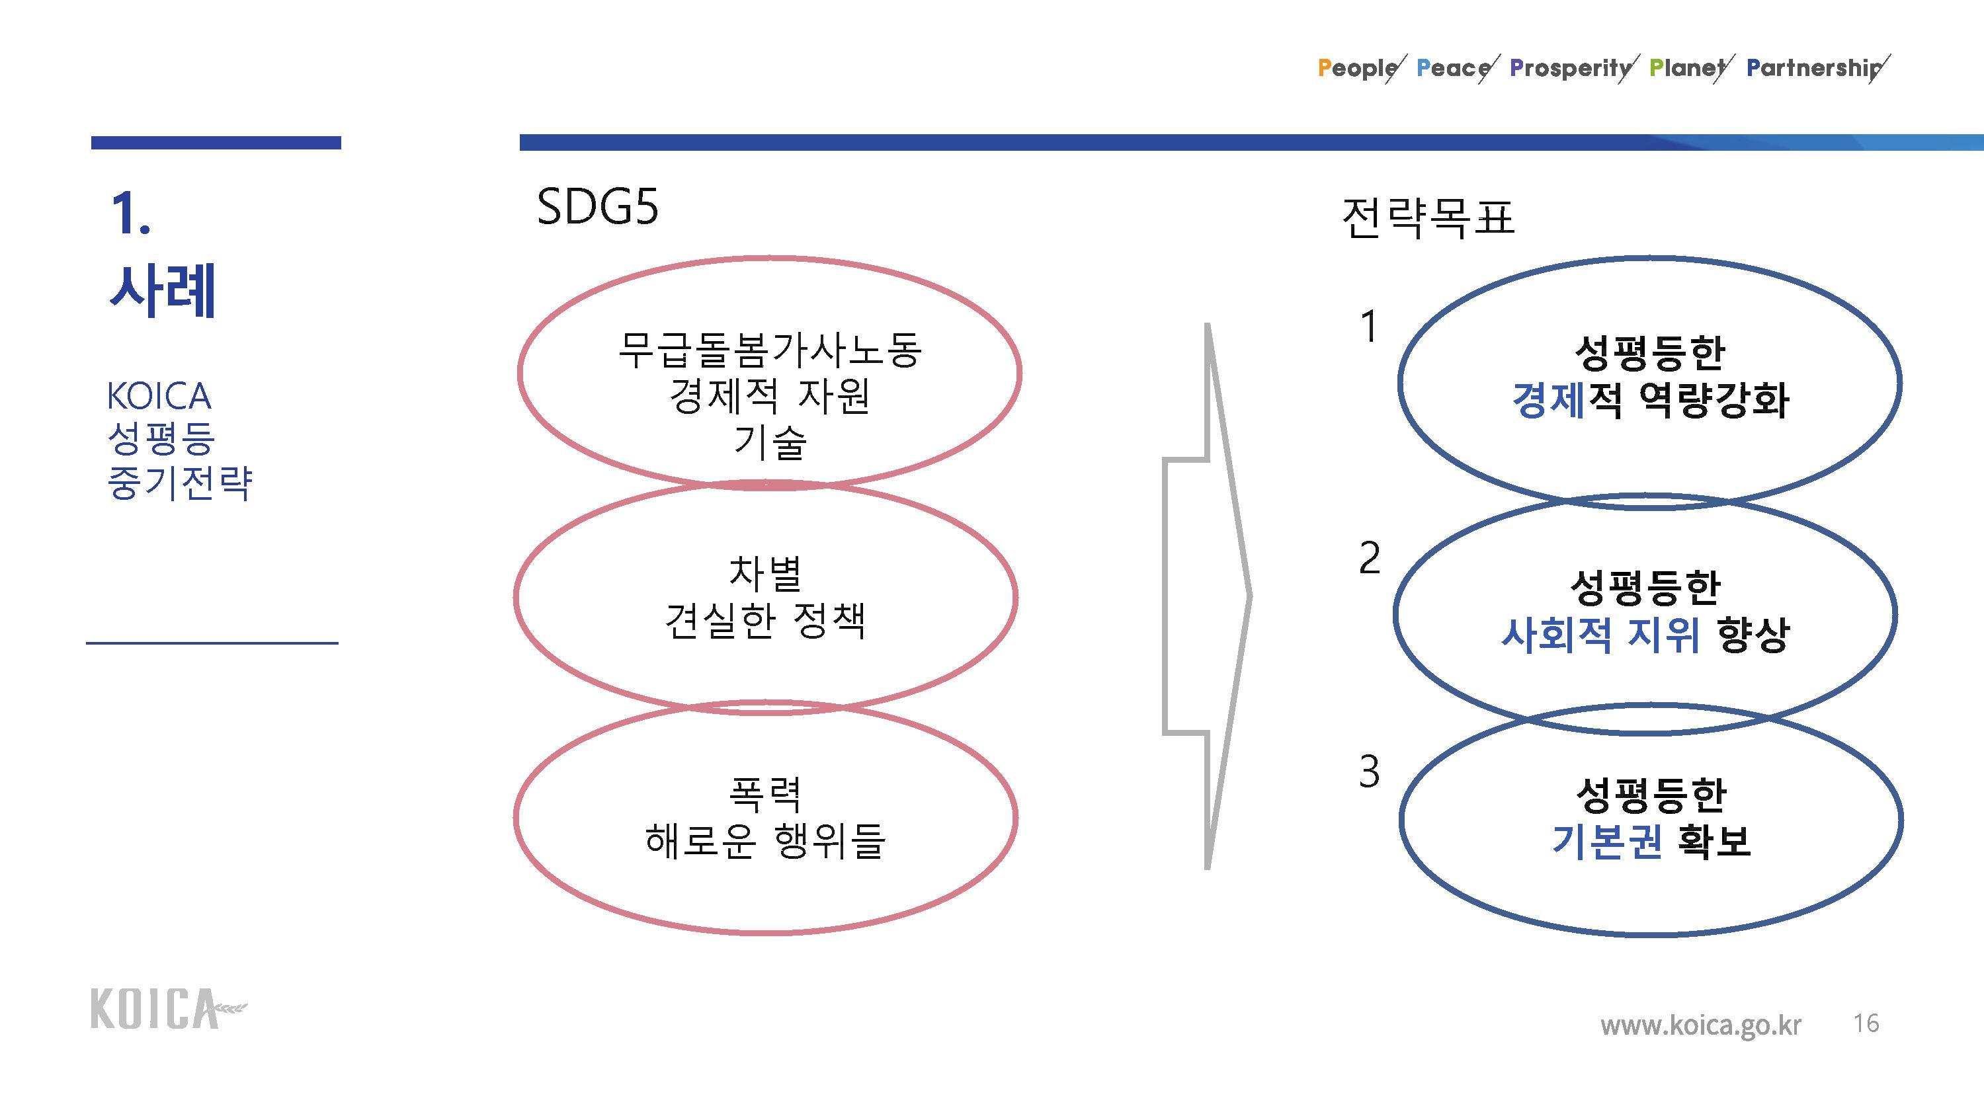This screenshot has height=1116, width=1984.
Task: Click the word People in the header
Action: (x=1358, y=68)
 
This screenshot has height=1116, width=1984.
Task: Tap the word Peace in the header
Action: (x=1454, y=68)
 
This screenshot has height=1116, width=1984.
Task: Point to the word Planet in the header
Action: (x=1686, y=68)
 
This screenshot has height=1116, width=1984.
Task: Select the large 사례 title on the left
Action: (x=163, y=290)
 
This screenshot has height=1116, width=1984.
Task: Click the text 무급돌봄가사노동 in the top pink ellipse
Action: (x=769, y=350)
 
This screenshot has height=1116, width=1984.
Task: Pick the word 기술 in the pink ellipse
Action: (x=769, y=442)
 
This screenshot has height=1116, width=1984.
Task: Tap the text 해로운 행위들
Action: (x=765, y=840)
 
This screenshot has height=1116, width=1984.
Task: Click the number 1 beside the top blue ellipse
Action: (x=1368, y=327)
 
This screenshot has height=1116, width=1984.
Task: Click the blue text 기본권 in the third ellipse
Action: (x=1606, y=840)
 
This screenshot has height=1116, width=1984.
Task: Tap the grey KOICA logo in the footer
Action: (x=169, y=1008)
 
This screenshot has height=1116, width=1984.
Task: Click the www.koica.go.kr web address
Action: (x=1700, y=1026)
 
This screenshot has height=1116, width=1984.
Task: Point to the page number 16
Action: (x=1866, y=1023)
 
